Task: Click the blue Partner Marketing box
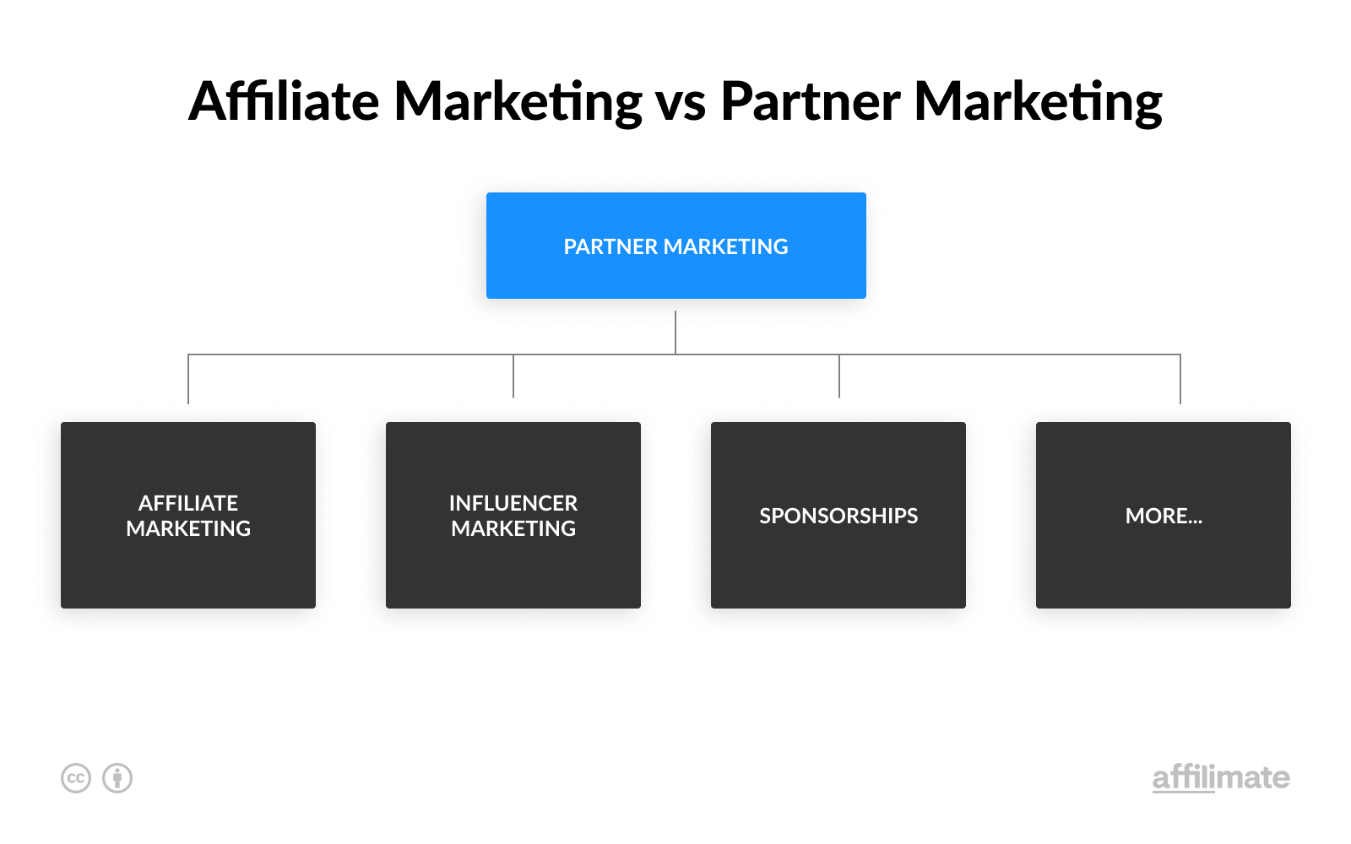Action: [x=676, y=246]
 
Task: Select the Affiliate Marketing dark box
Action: [x=188, y=515]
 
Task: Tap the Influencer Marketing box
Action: [x=513, y=515]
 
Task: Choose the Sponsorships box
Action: [x=838, y=515]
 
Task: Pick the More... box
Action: [x=1164, y=515]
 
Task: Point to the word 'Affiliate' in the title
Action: [x=284, y=100]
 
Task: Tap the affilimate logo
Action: [x=1221, y=777]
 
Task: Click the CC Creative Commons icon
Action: [x=76, y=777]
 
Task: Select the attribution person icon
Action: [x=117, y=777]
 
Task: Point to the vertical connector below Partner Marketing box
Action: [x=675, y=333]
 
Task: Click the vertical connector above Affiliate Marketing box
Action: [x=188, y=379]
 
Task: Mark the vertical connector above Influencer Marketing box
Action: [x=513, y=376]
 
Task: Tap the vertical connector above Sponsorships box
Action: [x=839, y=376]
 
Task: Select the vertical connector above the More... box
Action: [x=1180, y=379]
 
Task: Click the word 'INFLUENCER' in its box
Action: [x=513, y=503]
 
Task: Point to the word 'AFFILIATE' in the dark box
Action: [x=188, y=503]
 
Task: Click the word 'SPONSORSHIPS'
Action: [x=838, y=516]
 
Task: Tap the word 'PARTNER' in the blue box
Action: [x=610, y=246]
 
